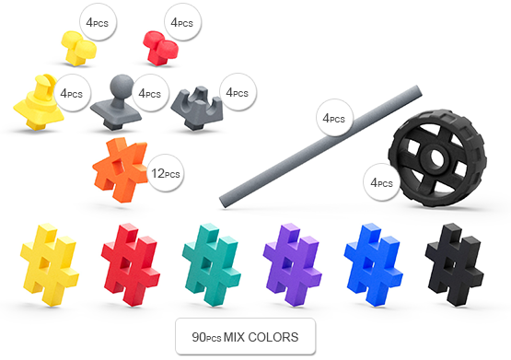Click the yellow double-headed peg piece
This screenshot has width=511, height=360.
[x=78, y=48]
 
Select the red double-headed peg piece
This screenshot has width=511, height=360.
[x=160, y=48]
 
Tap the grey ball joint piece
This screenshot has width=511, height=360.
[x=116, y=104]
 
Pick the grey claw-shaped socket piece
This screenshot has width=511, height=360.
[x=197, y=108]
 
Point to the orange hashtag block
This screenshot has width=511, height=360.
[x=120, y=169]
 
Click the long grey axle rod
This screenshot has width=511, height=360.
[x=320, y=146]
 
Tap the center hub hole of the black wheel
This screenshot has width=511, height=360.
[x=436, y=157]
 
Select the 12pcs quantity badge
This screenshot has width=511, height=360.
[x=166, y=173]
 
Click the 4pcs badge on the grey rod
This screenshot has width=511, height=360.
[x=334, y=118]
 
